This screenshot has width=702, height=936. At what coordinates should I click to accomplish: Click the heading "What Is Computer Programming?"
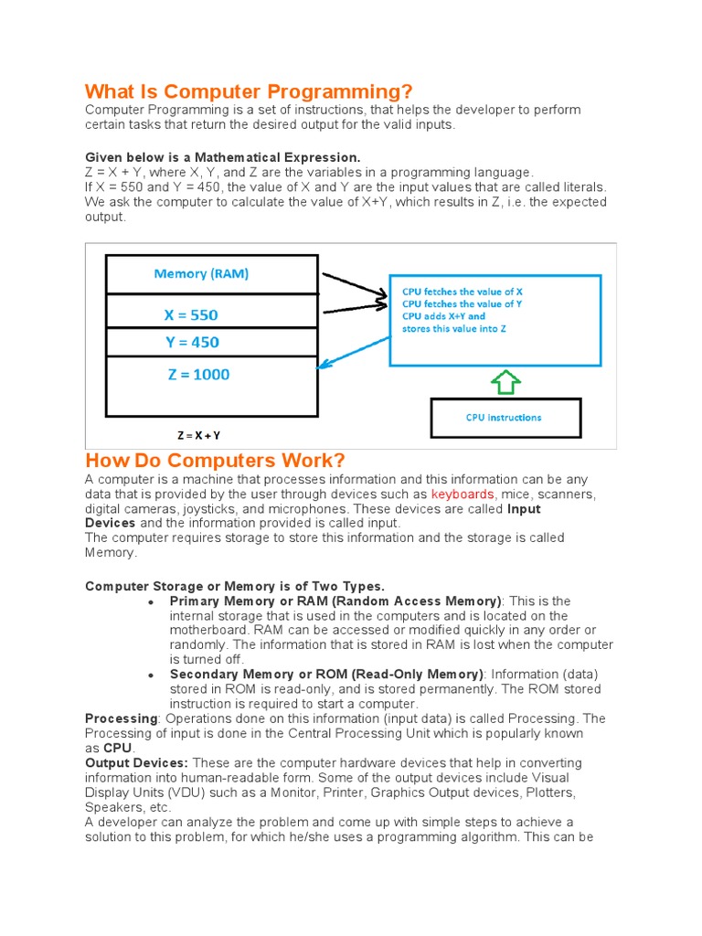pyautogui.click(x=249, y=91)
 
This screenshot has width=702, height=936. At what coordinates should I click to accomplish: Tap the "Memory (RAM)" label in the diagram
pyautogui.click(x=201, y=273)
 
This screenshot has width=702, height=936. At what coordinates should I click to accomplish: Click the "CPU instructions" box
pyautogui.click(x=504, y=418)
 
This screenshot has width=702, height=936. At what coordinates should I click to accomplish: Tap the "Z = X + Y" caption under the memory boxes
pyautogui.click(x=198, y=436)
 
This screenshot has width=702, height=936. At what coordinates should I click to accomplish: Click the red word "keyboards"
pyautogui.click(x=463, y=495)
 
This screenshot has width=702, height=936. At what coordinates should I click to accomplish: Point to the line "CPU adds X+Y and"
pyautogui.click(x=444, y=316)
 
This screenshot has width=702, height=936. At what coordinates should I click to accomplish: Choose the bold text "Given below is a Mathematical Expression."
pyautogui.click(x=223, y=157)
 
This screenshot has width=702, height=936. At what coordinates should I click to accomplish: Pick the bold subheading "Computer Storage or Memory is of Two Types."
pyautogui.click(x=235, y=586)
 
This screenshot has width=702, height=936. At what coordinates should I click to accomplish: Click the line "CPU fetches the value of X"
pyautogui.click(x=463, y=292)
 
